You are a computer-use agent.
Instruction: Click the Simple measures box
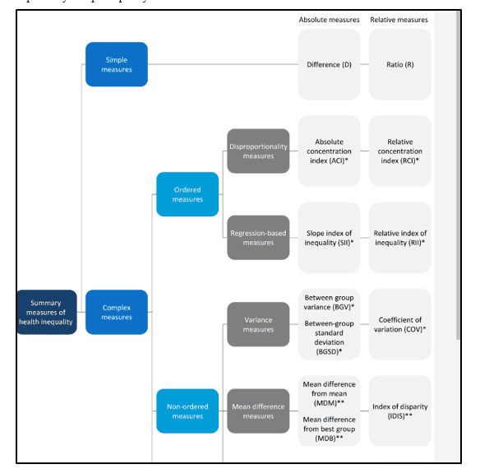coord(117,64)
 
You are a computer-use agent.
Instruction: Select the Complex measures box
coord(117,313)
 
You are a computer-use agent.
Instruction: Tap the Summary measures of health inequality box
coord(46,313)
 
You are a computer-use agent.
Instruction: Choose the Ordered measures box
coord(187,194)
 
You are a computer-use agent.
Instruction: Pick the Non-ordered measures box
coord(187,411)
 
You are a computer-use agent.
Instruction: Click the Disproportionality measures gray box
coord(258,151)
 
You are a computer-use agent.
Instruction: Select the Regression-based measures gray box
coord(258,238)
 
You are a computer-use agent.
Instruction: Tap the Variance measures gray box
coord(258,324)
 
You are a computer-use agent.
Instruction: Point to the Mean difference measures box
coord(258,411)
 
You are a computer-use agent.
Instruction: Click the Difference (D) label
coord(329,64)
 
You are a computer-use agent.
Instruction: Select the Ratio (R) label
coord(399,64)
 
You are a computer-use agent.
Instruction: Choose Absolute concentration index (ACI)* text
coord(329,151)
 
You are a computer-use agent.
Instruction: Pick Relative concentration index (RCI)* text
coord(399,151)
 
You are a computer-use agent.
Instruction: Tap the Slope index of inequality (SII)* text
coord(329,238)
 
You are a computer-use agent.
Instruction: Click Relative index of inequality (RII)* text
coord(399,238)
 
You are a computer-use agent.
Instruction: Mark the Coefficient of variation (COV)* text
coord(399,324)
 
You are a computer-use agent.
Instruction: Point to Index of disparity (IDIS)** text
coord(399,411)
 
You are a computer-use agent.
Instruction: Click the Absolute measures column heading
coord(329,20)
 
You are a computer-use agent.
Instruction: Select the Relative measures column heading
coord(399,20)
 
